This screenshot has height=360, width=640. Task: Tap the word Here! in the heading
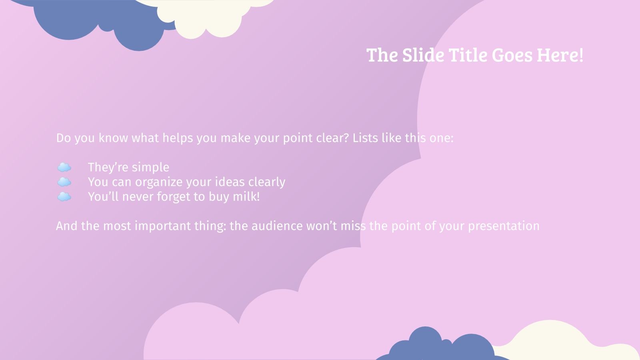pos(560,55)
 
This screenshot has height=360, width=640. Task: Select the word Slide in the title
pos(423,55)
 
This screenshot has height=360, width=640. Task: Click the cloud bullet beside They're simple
pos(64,167)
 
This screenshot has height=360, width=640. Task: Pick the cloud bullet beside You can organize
pos(64,182)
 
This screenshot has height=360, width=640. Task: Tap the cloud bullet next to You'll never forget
pos(64,197)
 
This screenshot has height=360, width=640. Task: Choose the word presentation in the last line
pos(504,226)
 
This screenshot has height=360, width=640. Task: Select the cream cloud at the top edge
pos(204,16)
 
